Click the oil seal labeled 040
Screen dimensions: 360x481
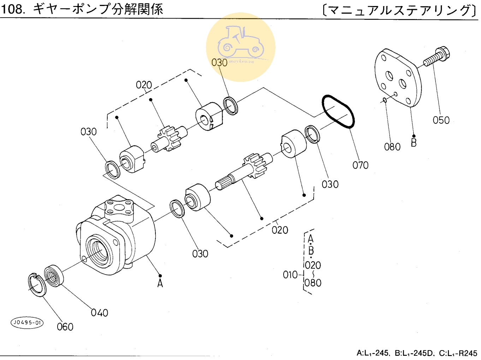[54, 275]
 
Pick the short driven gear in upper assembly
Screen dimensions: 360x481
[169, 139]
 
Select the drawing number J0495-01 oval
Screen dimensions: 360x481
[27, 322]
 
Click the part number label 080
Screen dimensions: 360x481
[392, 147]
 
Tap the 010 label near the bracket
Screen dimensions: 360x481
[290, 275]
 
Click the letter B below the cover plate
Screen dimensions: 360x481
[414, 143]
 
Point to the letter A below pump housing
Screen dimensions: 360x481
[160, 283]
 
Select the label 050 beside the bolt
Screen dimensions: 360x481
[441, 120]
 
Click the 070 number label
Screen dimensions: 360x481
[360, 165]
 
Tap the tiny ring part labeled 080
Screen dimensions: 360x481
[385, 100]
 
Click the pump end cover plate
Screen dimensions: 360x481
[397, 78]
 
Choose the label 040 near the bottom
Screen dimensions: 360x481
[99, 313]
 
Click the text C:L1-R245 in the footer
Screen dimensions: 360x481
[458, 353]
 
